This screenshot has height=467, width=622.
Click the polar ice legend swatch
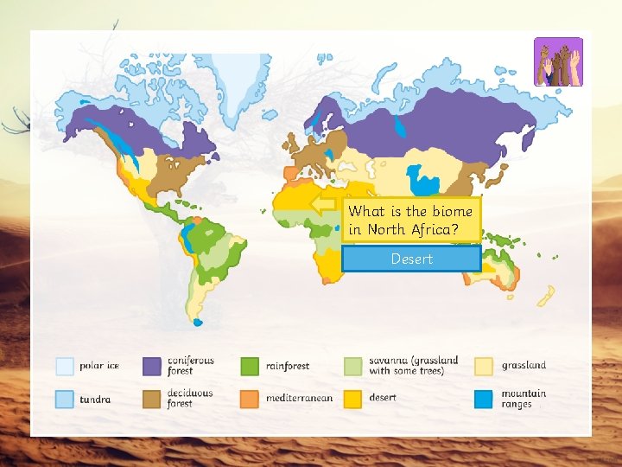pyautogui.click(x=65, y=366)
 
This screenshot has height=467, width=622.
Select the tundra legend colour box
pyautogui.click(x=65, y=399)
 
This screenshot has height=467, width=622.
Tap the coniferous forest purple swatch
pyautogui.click(x=153, y=366)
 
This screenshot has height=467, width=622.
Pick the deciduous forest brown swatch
pyautogui.click(x=153, y=399)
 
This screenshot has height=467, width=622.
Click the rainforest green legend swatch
pyautogui.click(x=251, y=366)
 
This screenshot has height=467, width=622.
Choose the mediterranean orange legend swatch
pyautogui.click(x=251, y=399)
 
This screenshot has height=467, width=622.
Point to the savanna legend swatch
pyautogui.click(x=353, y=366)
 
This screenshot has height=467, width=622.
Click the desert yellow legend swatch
pyautogui.click(x=353, y=399)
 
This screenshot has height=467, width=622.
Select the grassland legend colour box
pyautogui.click(x=485, y=366)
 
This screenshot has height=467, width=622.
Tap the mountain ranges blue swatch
pyautogui.click(x=485, y=399)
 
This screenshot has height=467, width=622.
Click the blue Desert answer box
pyautogui.click(x=411, y=259)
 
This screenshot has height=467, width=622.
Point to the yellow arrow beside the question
pyautogui.click(x=325, y=205)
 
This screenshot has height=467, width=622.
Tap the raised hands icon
pyautogui.click(x=558, y=62)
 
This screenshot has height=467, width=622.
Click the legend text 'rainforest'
pyautogui.click(x=288, y=366)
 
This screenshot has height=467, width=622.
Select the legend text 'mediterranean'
pyautogui.click(x=299, y=399)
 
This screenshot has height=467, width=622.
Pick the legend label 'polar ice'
pyautogui.click(x=99, y=366)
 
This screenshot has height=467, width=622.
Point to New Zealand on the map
pyautogui.click(x=545, y=297)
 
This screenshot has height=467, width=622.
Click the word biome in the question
pyautogui.click(x=453, y=211)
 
